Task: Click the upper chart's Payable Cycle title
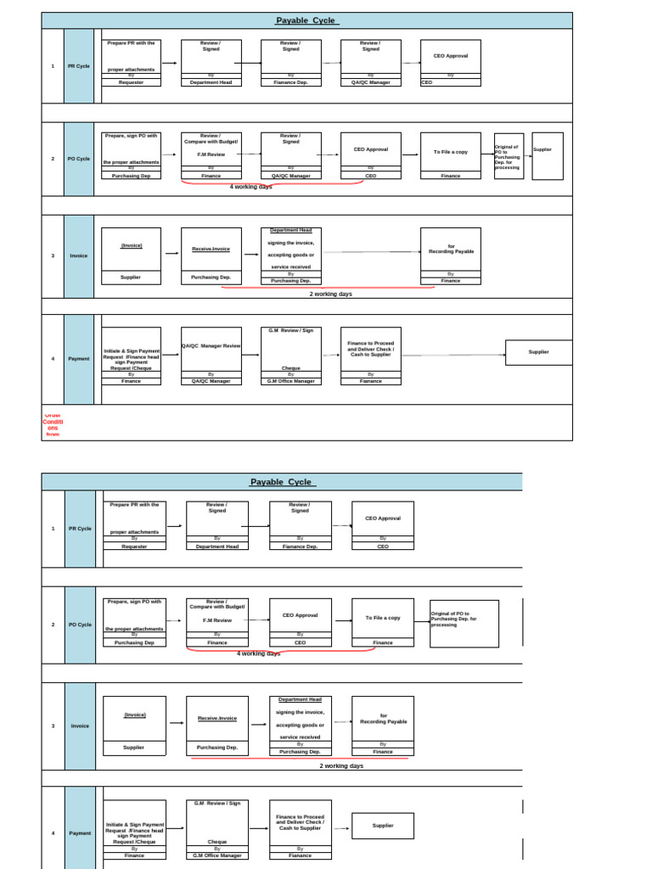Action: [306, 20]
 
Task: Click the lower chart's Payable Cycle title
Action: [282, 482]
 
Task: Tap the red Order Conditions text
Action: [53, 423]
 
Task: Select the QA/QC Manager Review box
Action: [211, 346]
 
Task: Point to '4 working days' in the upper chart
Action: [250, 187]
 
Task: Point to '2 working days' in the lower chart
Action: [341, 765]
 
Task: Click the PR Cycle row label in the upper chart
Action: [79, 66]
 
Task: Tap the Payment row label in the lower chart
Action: [80, 833]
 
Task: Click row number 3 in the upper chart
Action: [53, 255]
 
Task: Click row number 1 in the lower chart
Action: [53, 529]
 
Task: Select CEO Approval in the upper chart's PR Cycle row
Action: [451, 56]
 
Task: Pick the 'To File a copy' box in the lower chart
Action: [383, 618]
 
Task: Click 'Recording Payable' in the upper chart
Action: [451, 252]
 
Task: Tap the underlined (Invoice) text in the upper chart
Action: [131, 245]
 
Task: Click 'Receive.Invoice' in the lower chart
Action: [217, 718]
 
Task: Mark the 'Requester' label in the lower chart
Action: [134, 547]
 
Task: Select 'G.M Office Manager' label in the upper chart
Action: [291, 381]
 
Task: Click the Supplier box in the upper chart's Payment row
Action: [538, 352]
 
